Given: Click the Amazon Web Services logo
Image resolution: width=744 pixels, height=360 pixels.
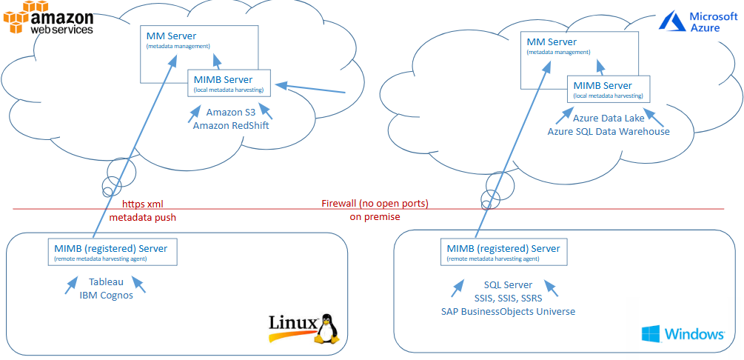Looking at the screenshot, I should [48, 18].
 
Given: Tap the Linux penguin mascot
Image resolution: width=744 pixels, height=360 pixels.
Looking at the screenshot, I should [326, 328].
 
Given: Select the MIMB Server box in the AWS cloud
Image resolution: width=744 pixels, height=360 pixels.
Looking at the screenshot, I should [230, 84].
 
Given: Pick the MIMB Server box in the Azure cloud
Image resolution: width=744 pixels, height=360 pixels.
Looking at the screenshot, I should [608, 90].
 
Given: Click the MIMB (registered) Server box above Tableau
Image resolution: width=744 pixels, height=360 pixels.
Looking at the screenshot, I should [112, 253].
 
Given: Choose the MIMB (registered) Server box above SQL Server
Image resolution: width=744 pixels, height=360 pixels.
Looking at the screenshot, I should [504, 253].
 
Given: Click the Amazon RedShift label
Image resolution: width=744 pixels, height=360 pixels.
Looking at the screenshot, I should [230, 126].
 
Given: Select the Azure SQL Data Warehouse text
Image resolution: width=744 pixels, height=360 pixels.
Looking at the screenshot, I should [608, 132].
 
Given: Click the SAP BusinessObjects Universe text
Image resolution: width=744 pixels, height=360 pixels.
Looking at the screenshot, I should [508, 311].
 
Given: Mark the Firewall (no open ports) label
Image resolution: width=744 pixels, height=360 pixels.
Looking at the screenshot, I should [375, 204].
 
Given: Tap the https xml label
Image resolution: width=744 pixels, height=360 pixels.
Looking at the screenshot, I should [142, 204].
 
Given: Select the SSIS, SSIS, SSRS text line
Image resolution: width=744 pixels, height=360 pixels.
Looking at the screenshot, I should [508, 298].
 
